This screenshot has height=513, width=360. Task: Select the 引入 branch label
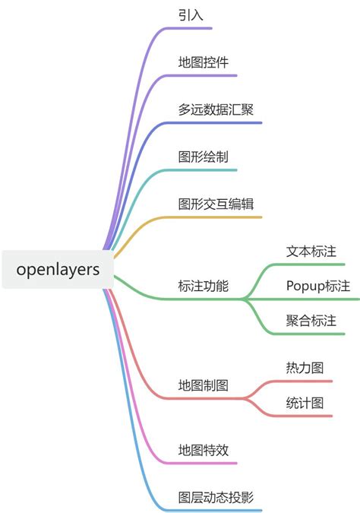coord(191,14)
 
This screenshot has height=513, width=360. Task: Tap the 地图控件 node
coord(204,62)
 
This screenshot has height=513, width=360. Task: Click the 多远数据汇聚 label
coord(216,109)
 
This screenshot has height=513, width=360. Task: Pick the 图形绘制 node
coord(204,157)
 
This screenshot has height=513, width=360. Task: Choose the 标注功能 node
coord(204,287)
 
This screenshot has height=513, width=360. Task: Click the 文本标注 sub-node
coord(311,251)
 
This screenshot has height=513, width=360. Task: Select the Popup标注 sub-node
coord(318,286)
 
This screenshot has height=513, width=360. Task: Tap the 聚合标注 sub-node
coord(311,321)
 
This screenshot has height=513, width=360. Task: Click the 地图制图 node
coord(204,385)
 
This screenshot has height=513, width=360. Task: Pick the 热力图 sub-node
coord(305,368)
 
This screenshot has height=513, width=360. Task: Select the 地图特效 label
coord(204,450)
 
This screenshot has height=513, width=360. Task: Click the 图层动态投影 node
coord(216,498)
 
